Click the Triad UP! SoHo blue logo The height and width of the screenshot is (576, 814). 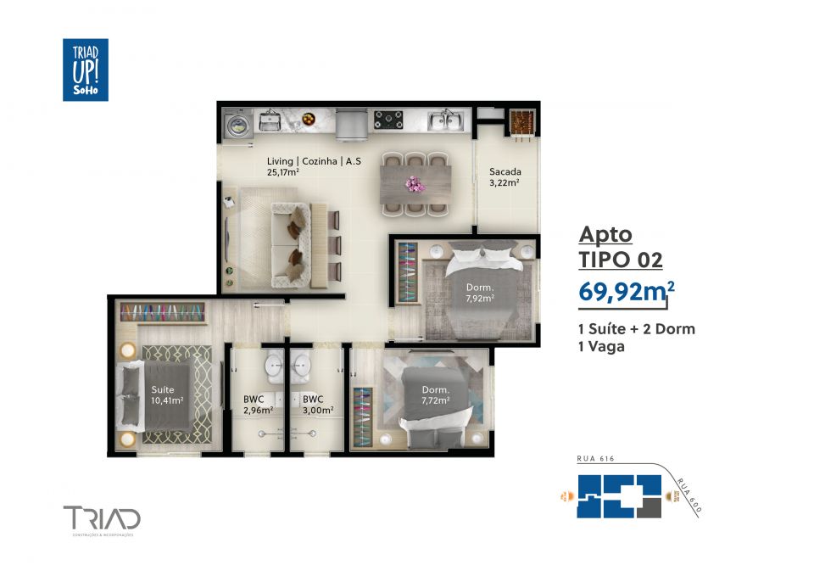85,70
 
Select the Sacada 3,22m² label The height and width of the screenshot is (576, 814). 505,176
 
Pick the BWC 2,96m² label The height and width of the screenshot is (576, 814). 258,404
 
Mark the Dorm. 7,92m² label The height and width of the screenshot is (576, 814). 479,293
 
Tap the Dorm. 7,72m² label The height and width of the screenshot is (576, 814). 436,395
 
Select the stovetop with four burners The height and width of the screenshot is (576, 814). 389,121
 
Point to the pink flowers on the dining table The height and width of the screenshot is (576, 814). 414,182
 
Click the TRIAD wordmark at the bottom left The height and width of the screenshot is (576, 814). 102,517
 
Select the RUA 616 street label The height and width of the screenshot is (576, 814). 594,459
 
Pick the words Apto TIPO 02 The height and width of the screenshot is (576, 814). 620,246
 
